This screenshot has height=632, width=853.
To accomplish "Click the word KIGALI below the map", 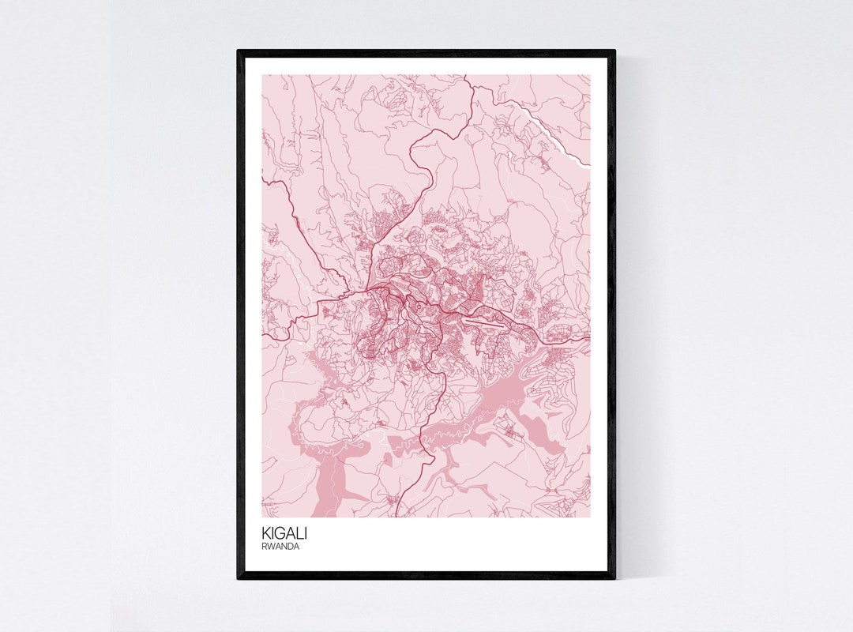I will tap(284, 533).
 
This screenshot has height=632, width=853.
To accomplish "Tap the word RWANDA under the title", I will tap(282, 546).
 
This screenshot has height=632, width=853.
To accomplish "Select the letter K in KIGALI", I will tap(266, 533).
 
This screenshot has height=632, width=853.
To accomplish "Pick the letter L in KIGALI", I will tap(299, 533).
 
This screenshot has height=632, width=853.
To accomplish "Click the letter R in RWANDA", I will tap(265, 546).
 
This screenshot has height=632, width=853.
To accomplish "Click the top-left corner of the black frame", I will tap(238, 51).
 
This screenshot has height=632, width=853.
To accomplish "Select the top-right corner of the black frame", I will tap(614, 51).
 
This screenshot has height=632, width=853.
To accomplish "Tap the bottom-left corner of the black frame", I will tap(238, 578).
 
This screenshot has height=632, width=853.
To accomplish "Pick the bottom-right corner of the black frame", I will tap(614, 578).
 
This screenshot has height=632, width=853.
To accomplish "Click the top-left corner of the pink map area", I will tap(263, 76).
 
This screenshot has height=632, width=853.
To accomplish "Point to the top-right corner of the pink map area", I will tap(590, 76).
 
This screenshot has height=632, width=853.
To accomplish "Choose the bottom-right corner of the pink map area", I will tap(590, 517).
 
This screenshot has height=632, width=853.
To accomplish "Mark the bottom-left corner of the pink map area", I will tap(263, 517).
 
